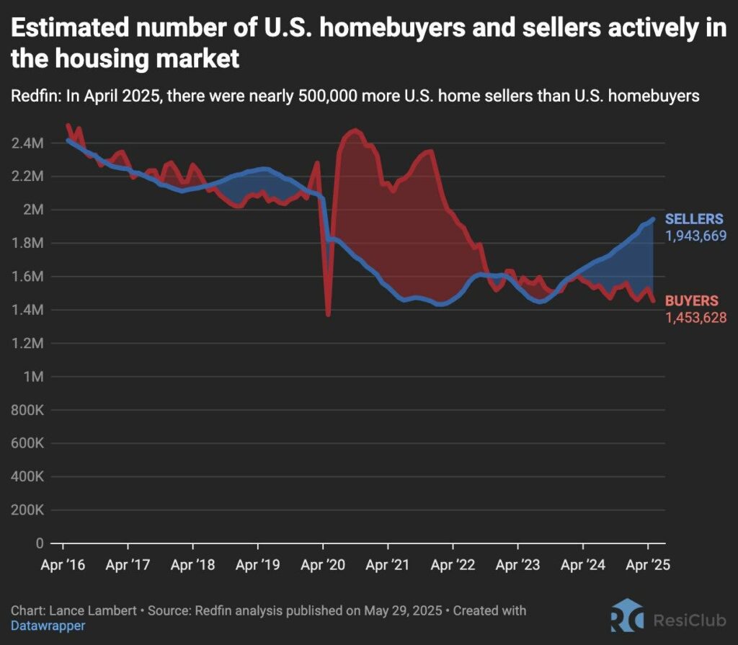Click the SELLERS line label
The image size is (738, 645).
[694, 219]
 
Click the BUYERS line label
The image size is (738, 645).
[690, 301]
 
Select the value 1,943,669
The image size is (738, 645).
[695, 236]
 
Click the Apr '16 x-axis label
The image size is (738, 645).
[64, 565]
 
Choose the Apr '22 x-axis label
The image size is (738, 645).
[453, 565]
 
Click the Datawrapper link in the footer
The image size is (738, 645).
[48, 626]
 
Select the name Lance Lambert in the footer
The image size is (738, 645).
[93, 610]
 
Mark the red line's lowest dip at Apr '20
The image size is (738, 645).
[328, 314]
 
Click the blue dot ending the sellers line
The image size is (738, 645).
[652, 220]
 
